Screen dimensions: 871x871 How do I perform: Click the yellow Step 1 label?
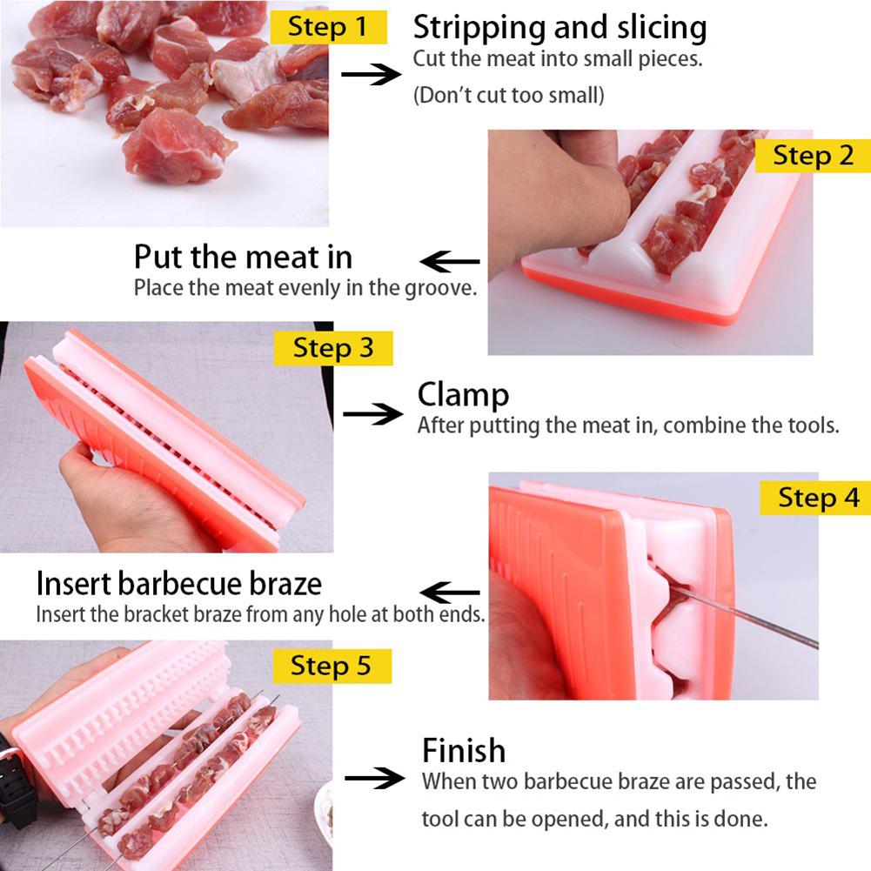[328, 27]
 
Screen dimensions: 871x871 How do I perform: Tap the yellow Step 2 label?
[813, 156]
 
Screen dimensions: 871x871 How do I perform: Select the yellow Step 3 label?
[333, 348]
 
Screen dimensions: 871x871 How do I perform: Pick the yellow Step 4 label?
[815, 498]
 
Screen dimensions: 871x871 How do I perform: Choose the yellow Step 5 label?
[332, 666]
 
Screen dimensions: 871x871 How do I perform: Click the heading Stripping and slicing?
[560, 28]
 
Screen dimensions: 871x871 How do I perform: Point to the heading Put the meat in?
[244, 258]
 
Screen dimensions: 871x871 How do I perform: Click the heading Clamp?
[463, 396]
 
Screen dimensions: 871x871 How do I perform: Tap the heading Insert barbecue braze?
[179, 584]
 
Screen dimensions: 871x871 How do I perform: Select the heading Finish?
[464, 750]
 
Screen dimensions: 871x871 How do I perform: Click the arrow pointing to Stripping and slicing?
[371, 74]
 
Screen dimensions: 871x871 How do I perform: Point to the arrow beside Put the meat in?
[450, 261]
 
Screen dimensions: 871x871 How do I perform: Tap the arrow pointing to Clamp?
[372, 414]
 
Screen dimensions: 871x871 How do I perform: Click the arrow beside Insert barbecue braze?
[450, 593]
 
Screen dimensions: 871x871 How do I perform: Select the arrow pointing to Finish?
[374, 778]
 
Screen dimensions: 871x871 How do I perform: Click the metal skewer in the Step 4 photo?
[744, 618]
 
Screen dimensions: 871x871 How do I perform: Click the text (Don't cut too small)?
[508, 95]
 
